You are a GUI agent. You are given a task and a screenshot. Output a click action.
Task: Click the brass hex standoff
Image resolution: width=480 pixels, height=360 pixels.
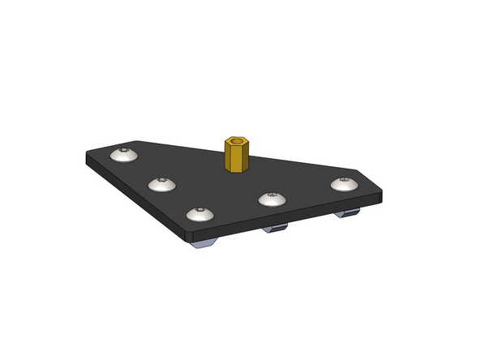(236, 156)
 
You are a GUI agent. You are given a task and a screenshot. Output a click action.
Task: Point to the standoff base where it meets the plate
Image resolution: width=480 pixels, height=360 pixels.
(236, 170)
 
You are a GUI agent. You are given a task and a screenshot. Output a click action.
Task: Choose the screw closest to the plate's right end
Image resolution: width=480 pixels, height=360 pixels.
(345, 184)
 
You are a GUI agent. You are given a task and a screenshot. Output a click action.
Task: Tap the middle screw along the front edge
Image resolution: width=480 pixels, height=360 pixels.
(271, 199)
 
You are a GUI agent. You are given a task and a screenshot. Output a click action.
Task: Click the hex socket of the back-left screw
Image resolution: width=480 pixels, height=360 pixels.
(124, 152)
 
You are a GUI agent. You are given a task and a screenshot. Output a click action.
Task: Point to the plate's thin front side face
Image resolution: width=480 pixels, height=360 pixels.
(284, 218)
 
